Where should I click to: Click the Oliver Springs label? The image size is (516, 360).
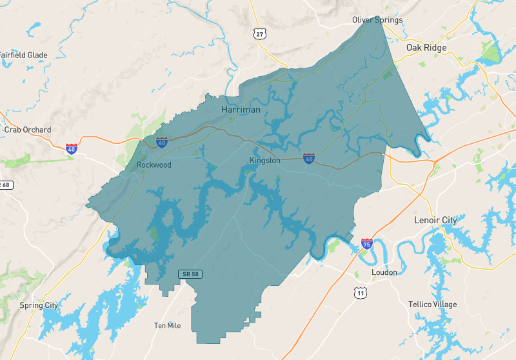pos(377,20)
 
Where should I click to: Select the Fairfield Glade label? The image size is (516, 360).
pos(23,55)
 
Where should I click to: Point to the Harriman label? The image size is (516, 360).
pos(241,110)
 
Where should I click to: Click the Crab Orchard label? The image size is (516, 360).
pos(27,130)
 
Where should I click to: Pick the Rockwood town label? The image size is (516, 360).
pos(154,165)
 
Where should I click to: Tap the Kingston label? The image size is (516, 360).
pos(264,161)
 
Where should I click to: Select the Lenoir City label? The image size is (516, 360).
pos(435,220)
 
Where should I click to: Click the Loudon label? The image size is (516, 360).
pos(384,272)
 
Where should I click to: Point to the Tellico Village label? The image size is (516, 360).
pos(432,305)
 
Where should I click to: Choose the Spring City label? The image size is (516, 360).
pos(39,305)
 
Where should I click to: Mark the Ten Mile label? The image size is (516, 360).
pos(167,325)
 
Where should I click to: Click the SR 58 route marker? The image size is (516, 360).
pos(188,275)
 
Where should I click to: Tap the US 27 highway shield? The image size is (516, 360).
pos(259,34)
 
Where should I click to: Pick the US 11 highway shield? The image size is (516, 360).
pos(361,294)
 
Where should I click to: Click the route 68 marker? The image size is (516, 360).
pos(5,185)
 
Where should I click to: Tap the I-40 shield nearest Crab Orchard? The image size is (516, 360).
pos(72,148)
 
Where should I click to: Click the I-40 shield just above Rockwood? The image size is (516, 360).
pos(162,143)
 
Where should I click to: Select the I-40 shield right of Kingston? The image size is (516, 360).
pos(310,158)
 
